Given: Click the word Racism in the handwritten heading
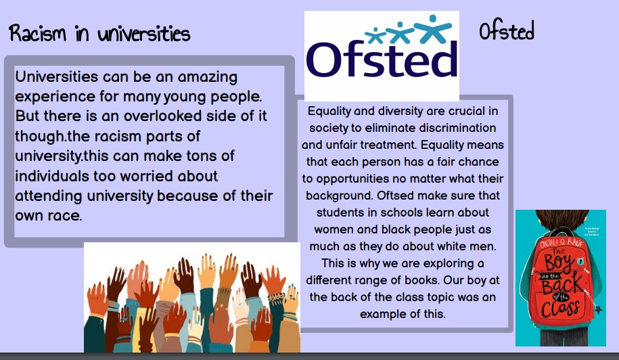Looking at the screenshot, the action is pos(37,33).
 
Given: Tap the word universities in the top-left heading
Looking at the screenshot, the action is pos(144,34).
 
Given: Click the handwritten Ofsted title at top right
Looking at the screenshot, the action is pos(507,31).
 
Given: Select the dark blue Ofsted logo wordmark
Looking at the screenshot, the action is pos(382,60).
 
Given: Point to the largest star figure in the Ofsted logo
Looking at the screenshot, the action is pos(433,28).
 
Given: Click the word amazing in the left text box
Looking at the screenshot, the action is pos(207,77).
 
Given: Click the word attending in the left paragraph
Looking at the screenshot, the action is pos(49,196).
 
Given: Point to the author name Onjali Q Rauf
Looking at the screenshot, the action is pos(561,243).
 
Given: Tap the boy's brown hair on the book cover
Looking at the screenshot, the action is pos(561,219).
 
